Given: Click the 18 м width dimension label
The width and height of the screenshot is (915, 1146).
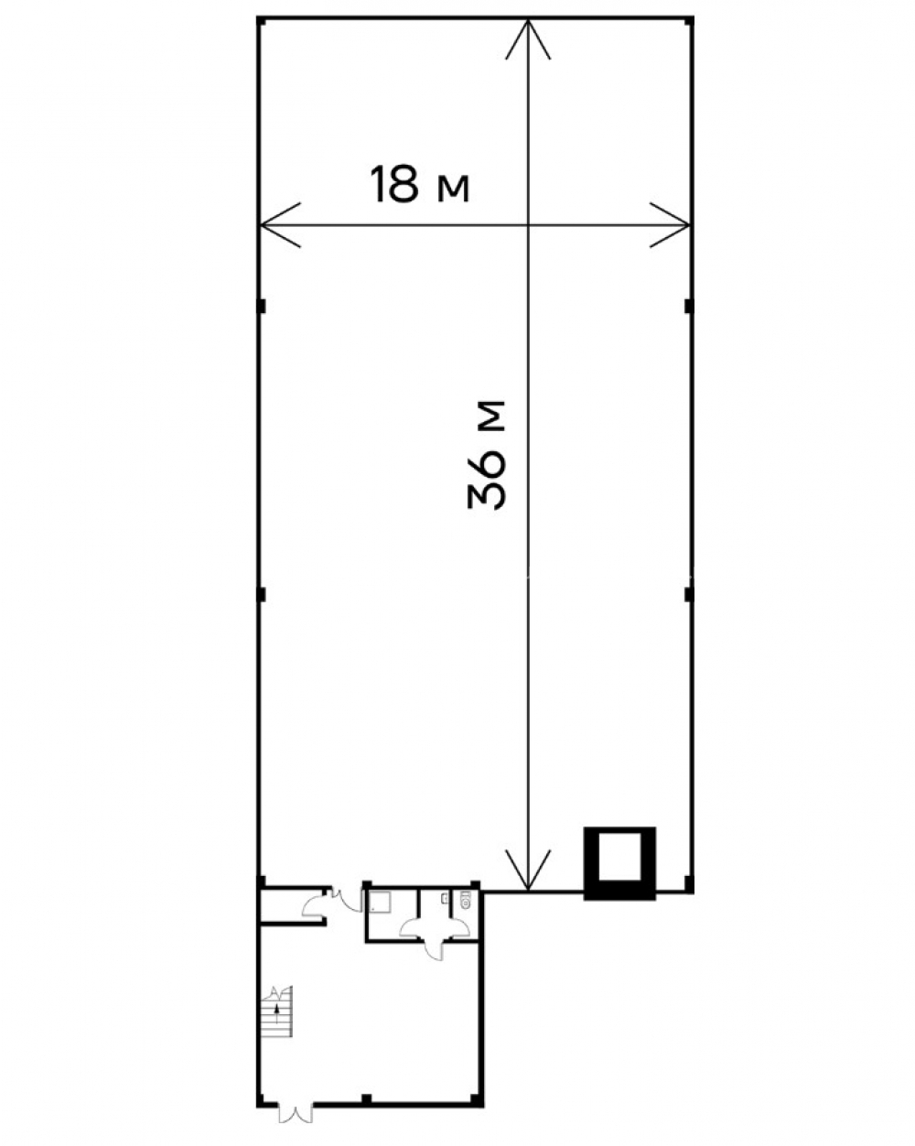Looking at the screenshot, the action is click(419, 184).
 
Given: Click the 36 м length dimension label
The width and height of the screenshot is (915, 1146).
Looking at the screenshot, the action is click(487, 454).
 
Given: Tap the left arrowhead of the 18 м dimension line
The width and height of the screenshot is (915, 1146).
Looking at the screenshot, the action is click(279, 225).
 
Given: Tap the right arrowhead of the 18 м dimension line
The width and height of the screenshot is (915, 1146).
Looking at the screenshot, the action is click(670, 225).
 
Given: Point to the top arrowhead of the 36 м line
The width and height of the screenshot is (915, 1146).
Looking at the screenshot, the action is click(527, 38).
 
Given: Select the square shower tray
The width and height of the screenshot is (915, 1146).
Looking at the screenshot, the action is click(380, 903).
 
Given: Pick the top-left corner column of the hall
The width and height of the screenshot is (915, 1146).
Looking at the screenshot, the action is click(261, 21).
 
